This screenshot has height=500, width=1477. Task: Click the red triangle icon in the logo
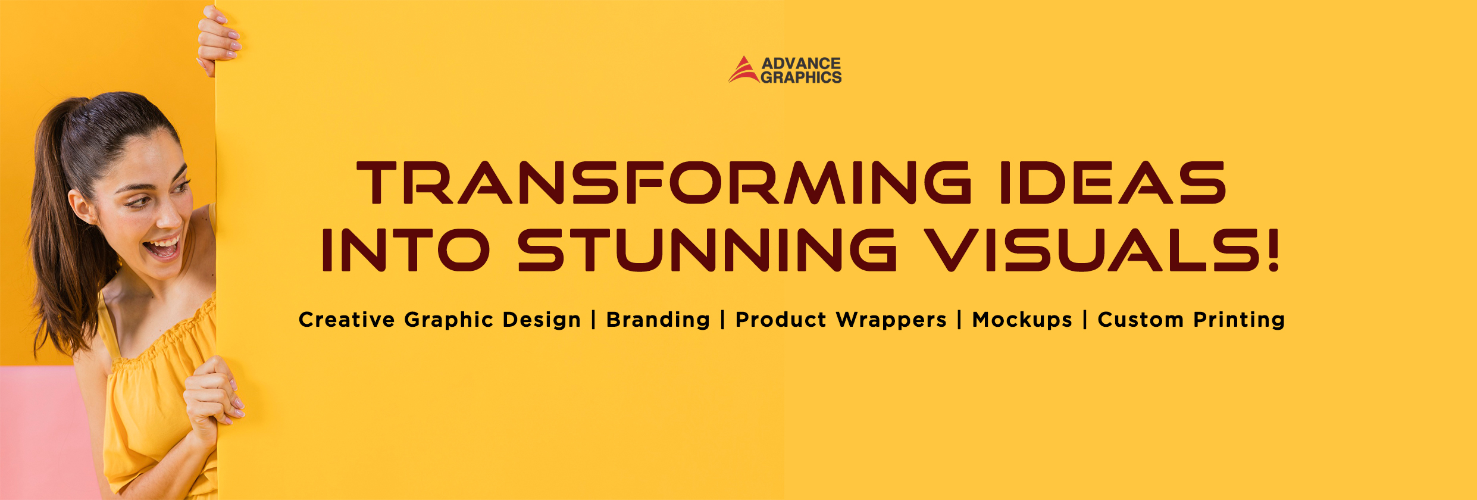pyautogui.click(x=743, y=71)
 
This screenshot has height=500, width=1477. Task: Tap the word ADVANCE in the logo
pyautogui.click(x=801, y=63)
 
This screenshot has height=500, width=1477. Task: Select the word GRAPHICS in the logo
pyautogui.click(x=801, y=77)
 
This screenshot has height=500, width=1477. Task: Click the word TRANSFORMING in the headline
pyautogui.click(x=663, y=182)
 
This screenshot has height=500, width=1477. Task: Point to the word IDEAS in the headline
pyautogui.click(x=1113, y=182)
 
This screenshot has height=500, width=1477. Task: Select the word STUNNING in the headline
pyautogui.click(x=708, y=250)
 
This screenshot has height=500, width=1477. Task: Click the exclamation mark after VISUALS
pyautogui.click(x=1272, y=250)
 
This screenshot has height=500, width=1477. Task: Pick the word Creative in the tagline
pyautogui.click(x=346, y=320)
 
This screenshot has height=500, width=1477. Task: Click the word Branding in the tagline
pyautogui.click(x=658, y=320)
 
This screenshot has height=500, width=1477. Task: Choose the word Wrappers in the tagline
pyautogui.click(x=891, y=320)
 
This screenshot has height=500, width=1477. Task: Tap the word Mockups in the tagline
pyautogui.click(x=1022, y=320)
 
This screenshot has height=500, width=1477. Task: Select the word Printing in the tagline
pyautogui.click(x=1239, y=320)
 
